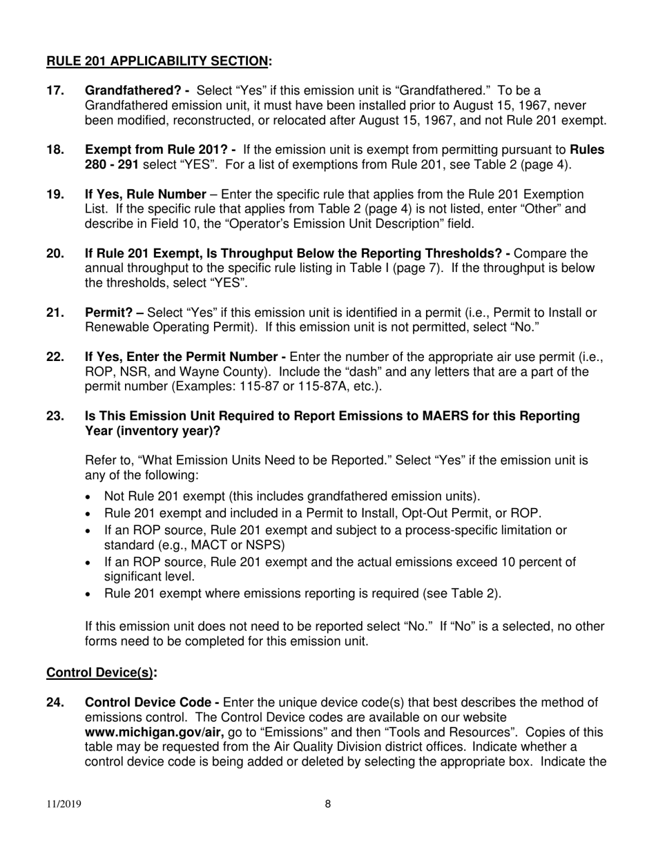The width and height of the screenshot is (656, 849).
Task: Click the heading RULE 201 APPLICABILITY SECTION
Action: point(158,61)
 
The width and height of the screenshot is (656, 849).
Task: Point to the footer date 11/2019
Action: point(61,803)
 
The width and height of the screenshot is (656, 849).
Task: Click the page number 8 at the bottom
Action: point(328,803)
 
